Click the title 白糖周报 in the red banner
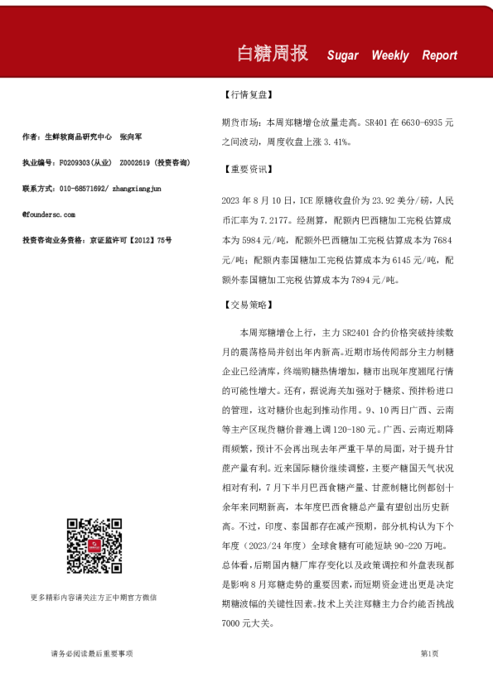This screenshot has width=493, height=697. click(x=273, y=54)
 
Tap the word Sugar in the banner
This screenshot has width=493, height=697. click(x=343, y=55)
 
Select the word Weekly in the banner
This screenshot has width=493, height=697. click(x=390, y=55)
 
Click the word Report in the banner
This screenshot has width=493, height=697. click(x=440, y=55)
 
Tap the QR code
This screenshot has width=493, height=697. click(x=94, y=546)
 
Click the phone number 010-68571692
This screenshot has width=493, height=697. click(x=83, y=188)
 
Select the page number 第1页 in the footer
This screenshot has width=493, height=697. click(x=430, y=654)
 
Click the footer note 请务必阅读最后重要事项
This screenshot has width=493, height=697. click(x=92, y=654)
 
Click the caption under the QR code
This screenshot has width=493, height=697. click(x=94, y=596)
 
